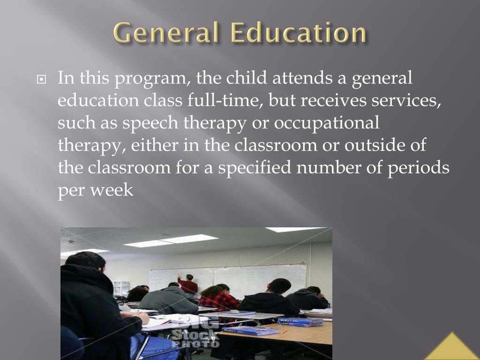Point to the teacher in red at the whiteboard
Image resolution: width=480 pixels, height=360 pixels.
coord(188,285)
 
